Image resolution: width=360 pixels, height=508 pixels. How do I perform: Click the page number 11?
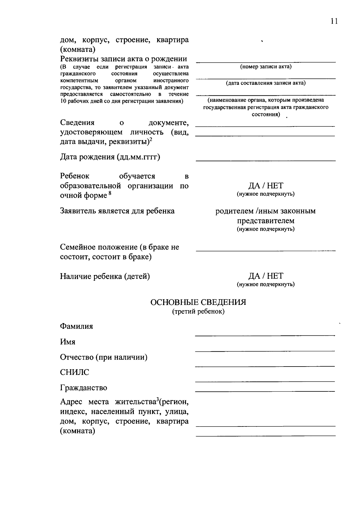tap(334, 21)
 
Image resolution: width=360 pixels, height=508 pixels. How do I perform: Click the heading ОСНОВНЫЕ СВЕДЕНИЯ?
tap(198, 302)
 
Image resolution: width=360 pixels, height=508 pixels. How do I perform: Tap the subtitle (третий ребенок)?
tap(198, 312)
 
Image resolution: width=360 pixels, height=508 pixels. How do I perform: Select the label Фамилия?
tap(76, 326)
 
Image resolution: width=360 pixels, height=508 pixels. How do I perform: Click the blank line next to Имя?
tap(265, 350)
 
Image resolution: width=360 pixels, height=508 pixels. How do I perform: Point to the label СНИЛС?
tap(75, 372)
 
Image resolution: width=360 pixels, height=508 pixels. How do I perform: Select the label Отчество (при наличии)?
tap(103, 357)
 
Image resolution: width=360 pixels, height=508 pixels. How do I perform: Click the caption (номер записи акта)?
tap(265, 67)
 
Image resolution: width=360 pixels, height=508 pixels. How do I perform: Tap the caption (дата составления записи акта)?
tap(265, 83)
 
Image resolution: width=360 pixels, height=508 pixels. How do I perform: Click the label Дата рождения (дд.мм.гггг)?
tap(110, 157)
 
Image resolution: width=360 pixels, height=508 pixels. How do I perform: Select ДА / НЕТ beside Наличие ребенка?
tap(265, 276)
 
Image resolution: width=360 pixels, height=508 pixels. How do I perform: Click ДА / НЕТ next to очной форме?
tap(265, 186)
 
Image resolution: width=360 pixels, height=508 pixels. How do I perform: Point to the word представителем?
tap(265, 221)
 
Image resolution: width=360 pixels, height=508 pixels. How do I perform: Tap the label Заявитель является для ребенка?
tap(117, 211)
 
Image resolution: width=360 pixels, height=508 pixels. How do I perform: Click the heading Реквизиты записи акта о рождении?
tap(124, 59)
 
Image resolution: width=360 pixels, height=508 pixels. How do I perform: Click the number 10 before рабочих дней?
tap(63, 101)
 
